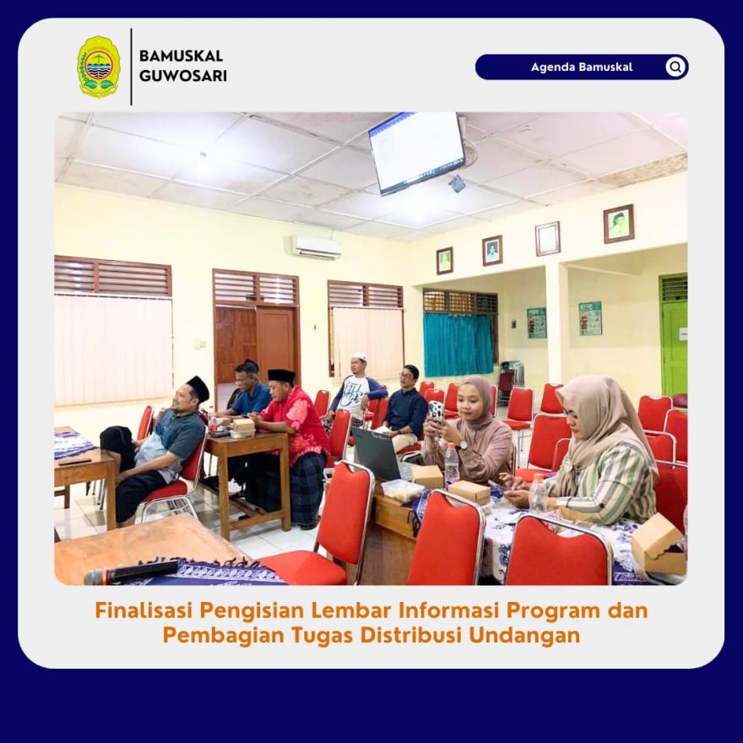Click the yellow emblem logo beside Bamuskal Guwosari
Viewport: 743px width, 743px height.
pos(99,67)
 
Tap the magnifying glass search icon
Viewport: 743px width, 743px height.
pos(675,67)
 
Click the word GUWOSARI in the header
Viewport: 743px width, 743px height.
pos(183,76)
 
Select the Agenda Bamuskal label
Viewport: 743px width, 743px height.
pos(582,67)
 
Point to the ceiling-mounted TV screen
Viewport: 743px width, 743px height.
pos(417,152)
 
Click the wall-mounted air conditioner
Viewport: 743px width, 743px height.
pos(317,247)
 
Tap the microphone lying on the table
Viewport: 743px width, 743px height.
pos(131,573)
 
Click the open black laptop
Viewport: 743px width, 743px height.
pos(377,453)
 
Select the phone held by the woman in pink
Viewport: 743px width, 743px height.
pos(436,411)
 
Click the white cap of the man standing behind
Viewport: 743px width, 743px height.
pos(360,356)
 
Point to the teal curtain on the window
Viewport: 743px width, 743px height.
pos(458,344)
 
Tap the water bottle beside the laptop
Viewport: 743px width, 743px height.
pos(452,464)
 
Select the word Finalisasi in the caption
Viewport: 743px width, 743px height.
pos(144,610)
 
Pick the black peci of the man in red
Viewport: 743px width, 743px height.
pos(281,376)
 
